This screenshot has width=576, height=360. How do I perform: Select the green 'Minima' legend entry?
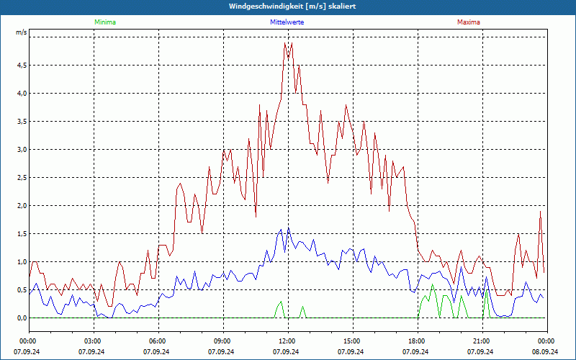[104, 22]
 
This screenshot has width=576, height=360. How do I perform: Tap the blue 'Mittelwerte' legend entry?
[286, 22]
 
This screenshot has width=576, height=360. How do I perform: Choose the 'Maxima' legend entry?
[468, 22]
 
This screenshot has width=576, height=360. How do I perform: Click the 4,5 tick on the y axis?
[22, 66]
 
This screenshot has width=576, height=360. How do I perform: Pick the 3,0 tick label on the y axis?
[22, 150]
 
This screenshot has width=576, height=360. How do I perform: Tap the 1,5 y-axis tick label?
[22, 234]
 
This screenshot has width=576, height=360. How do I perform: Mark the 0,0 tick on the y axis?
[22, 318]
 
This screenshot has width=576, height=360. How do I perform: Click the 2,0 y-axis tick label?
[22, 206]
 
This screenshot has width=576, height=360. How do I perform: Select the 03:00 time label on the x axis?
[92, 341]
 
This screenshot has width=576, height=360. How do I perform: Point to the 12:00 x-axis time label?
[287, 341]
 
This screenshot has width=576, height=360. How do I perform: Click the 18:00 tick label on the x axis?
[416, 341]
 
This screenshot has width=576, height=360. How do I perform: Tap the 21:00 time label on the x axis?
[481, 341]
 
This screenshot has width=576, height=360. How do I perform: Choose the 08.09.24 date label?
[546, 351]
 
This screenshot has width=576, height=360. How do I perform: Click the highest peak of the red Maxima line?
[285, 43]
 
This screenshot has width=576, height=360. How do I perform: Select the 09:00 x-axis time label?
[222, 341]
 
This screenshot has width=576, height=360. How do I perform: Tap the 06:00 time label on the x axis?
[157, 341]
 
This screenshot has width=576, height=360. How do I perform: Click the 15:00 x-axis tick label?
[351, 341]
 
